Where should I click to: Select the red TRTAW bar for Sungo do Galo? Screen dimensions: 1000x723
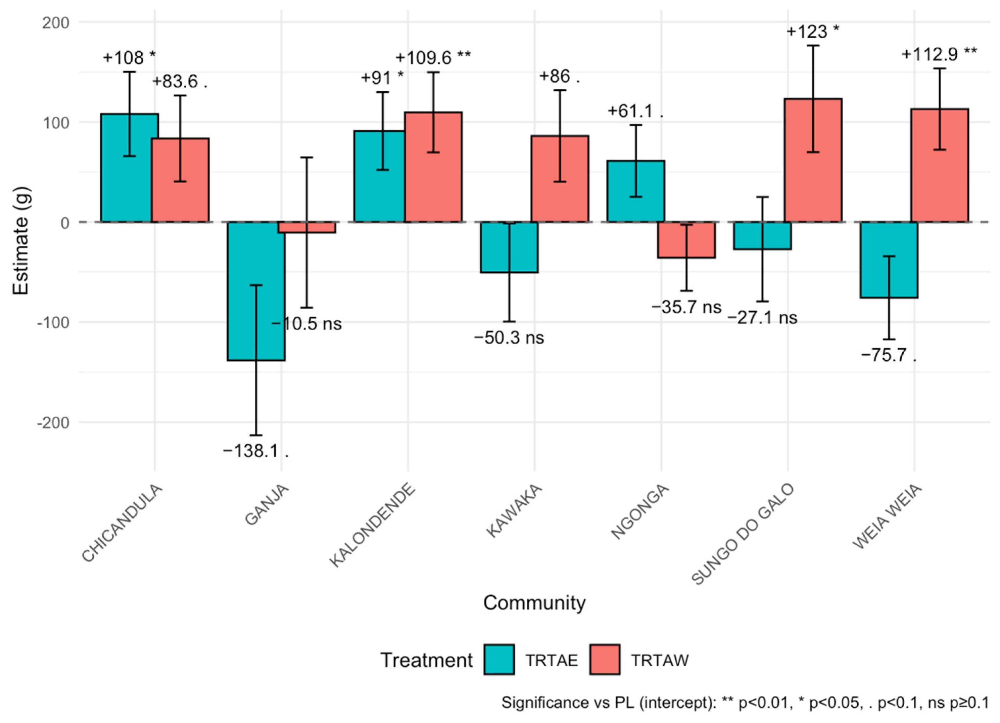pyautogui.click(x=813, y=160)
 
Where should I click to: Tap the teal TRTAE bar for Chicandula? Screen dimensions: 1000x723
pyautogui.click(x=130, y=168)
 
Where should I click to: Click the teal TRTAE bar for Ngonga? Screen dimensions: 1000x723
pyautogui.click(x=636, y=191)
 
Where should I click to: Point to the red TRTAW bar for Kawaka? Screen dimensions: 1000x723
pyautogui.click(x=560, y=179)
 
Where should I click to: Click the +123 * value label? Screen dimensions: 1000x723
pyautogui.click(x=813, y=32)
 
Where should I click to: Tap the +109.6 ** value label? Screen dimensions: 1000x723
pyautogui.click(x=433, y=57)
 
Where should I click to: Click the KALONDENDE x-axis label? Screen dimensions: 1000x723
pyautogui.click(x=373, y=525)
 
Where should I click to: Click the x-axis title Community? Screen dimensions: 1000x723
pyautogui.click(x=534, y=602)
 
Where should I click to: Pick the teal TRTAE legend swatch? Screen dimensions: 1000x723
pyautogui.click(x=499, y=660)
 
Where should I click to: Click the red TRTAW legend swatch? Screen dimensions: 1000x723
pyautogui.click(x=605, y=660)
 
